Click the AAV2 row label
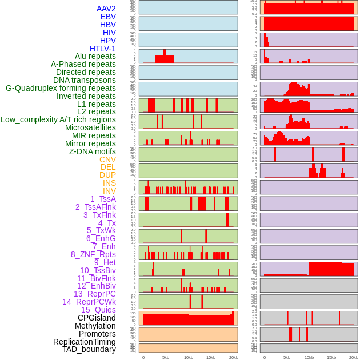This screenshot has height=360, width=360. point(106,9)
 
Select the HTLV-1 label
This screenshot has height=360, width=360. point(103,49)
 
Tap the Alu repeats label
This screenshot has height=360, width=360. point(95,57)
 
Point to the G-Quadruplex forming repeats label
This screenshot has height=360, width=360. point(61,88)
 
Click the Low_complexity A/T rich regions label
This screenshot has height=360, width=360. point(58,119)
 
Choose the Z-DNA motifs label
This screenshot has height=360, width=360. point(93,151)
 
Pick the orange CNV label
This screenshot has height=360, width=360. point(107,159)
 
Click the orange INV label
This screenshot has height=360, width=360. point(109,191)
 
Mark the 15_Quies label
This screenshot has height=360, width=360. point(98,310)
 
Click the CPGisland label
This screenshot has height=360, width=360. point(97,318)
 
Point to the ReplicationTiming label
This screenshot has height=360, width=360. point(85,342)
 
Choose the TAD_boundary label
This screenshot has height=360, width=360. point(89,349)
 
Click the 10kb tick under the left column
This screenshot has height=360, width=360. point(189,357)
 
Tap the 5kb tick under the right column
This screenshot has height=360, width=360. point(287,357)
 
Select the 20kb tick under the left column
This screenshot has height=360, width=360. point(233,357)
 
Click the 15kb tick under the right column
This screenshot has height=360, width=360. point(331,357)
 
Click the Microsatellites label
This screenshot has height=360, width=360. point(90,127)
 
